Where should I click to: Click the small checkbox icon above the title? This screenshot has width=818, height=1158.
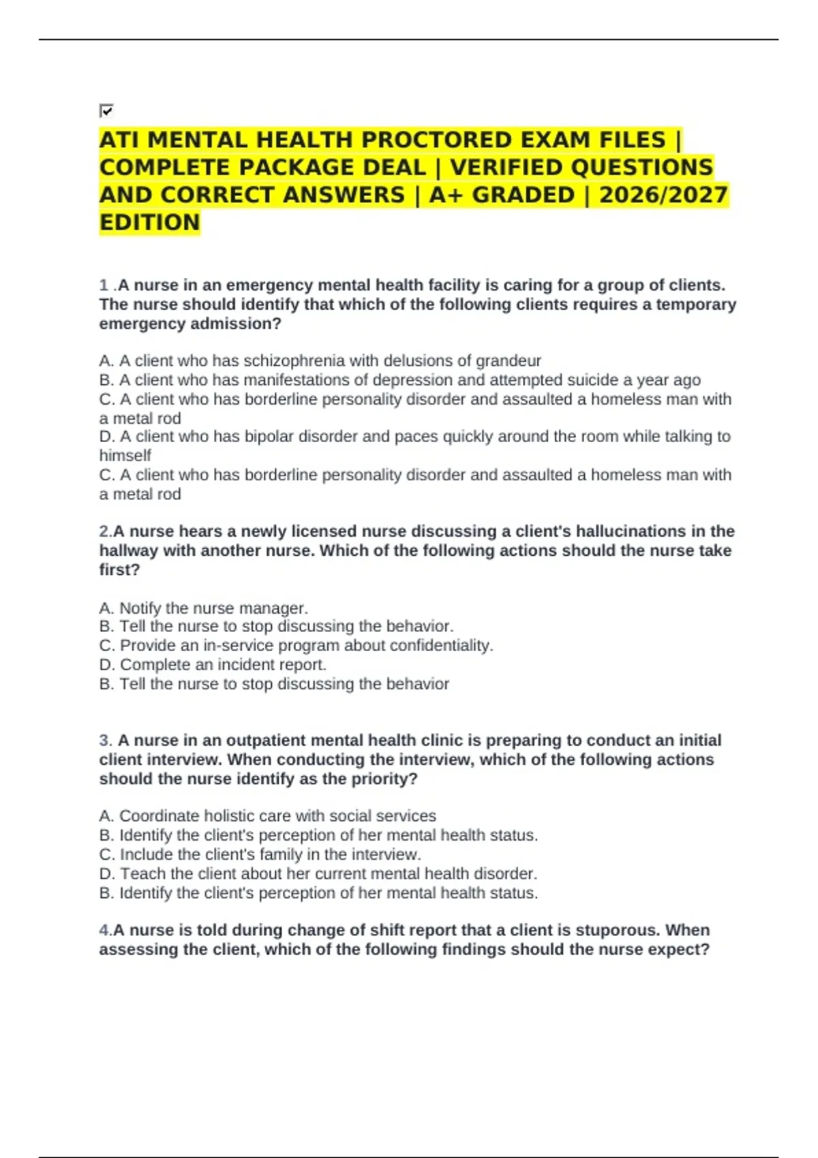point(106,110)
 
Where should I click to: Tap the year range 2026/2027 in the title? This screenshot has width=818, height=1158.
point(663,195)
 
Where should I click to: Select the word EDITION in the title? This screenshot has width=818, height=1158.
point(149,222)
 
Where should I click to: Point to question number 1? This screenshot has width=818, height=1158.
point(104,285)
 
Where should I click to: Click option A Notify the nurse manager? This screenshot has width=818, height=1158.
point(204,608)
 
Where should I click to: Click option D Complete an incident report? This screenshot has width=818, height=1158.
point(213,664)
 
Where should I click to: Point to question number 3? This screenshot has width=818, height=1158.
point(105,740)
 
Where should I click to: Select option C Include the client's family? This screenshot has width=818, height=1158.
point(260,854)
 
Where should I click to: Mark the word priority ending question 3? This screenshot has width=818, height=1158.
point(383,779)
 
